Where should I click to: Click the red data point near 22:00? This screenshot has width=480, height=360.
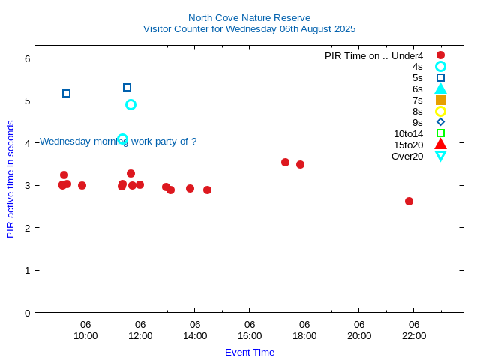tap(409, 201)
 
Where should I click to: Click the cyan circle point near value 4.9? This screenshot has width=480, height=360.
tap(130, 104)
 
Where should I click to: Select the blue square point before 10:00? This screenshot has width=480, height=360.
tap(66, 93)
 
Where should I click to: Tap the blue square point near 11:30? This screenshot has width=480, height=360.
tap(127, 87)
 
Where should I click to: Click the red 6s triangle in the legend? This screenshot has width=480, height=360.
tap(440, 88)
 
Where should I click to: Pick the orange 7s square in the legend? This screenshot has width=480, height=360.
tap(440, 100)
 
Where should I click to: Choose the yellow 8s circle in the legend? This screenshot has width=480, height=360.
tap(440, 111)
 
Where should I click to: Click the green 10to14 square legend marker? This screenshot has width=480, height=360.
tap(440, 133)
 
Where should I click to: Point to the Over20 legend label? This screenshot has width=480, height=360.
tap(407, 156)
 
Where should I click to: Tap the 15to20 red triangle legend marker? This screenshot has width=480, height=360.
tap(440, 145)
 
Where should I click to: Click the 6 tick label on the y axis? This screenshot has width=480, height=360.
tap(27, 58)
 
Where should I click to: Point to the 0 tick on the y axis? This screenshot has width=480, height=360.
tap(27, 312)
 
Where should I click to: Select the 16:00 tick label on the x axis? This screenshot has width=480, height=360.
tap(250, 335)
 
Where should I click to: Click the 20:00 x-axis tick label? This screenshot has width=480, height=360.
tap(359, 335)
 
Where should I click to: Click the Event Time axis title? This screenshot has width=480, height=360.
tap(250, 352)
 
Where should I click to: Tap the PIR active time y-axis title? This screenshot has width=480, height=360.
tap(10, 179)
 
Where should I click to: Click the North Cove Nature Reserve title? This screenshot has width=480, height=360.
tap(249, 17)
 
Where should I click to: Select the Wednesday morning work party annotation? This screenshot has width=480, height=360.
tap(118, 141)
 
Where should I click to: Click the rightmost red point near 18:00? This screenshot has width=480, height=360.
tap(300, 164)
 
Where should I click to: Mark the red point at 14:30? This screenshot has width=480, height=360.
tap(207, 190)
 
